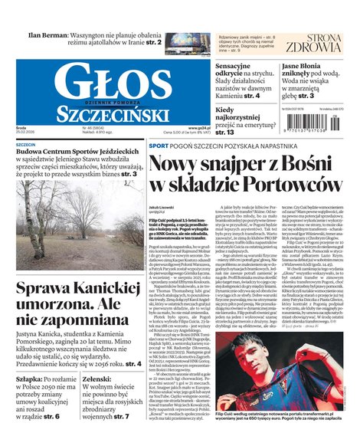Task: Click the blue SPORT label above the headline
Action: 158,146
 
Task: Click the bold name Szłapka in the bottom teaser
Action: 29,378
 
